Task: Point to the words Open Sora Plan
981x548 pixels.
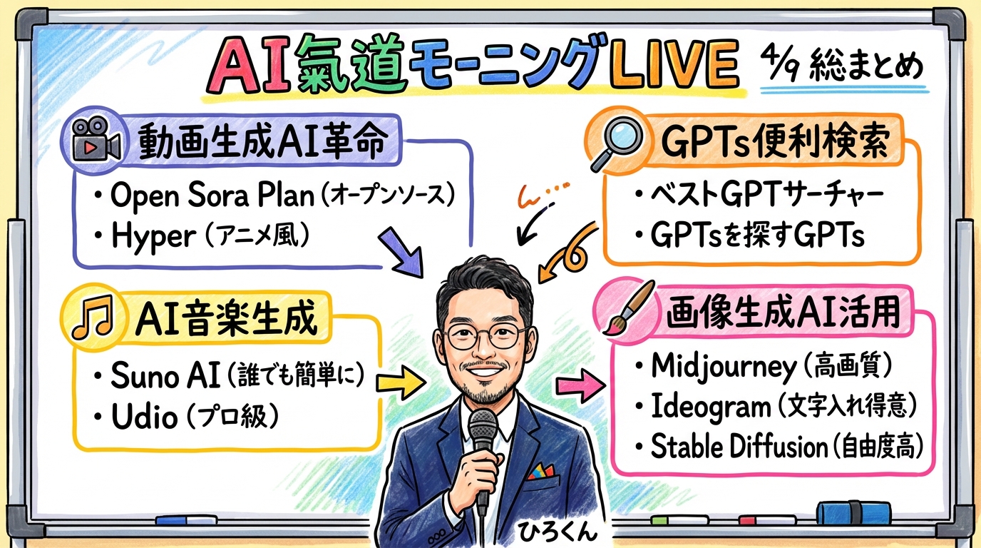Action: pyautogui.click(x=212, y=196)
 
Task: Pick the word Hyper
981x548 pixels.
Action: pyautogui.click(x=153, y=237)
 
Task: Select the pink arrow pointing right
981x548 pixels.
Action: pyautogui.click(x=579, y=387)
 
